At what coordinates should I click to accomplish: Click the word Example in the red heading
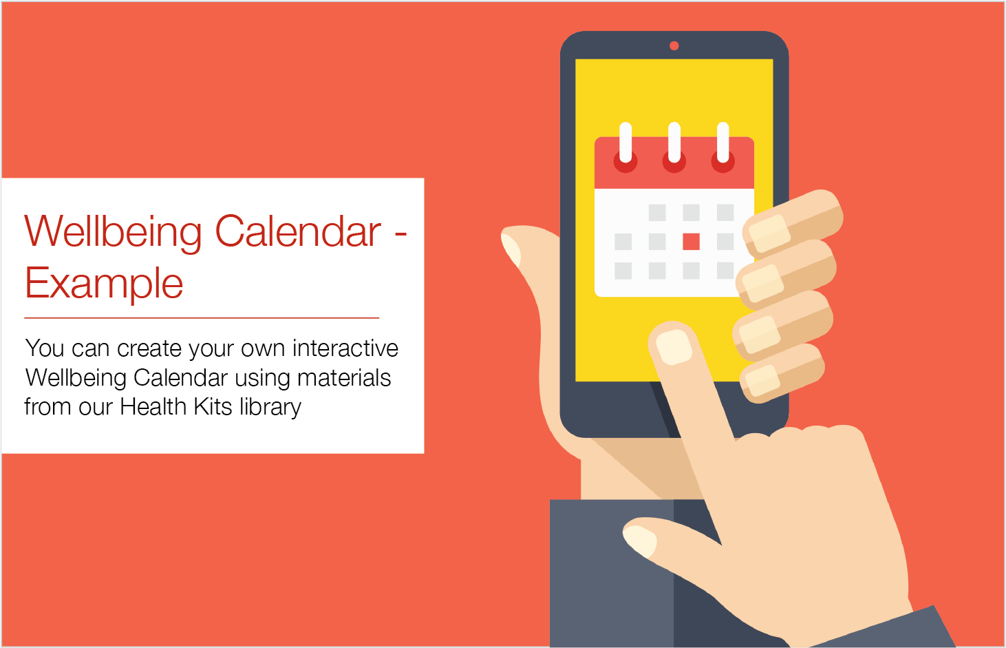pos(104,283)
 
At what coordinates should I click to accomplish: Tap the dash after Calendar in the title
pos(400,233)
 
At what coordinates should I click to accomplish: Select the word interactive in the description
pos(345,348)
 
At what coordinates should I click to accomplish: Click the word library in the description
pos(270,407)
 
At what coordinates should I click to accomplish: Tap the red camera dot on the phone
pos(674,46)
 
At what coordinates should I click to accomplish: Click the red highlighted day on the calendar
pos(691,241)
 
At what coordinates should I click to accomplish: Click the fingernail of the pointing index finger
pos(673,346)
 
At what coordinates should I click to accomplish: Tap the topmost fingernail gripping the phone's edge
pos(769,233)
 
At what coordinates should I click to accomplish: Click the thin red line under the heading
pos(202,317)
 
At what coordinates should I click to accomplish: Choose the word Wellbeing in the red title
pos(113,232)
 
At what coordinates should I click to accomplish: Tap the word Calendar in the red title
pos(298,231)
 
